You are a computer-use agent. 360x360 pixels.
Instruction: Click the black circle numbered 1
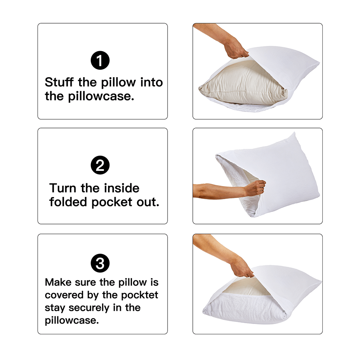point(100,60)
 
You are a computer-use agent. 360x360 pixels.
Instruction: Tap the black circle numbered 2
point(100,165)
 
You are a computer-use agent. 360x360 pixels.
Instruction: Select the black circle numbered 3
point(100,263)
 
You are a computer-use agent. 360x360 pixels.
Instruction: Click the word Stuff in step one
point(59,82)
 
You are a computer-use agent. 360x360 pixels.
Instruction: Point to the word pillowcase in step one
point(101,96)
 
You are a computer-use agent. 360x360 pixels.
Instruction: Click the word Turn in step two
point(63,188)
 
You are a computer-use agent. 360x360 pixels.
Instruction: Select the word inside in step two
point(122,188)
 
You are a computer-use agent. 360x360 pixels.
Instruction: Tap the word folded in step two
point(68,202)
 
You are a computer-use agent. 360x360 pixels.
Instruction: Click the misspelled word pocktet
point(140,296)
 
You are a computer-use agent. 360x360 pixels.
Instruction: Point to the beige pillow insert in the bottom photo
point(245,287)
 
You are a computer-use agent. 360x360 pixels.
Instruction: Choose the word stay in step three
point(55,308)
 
